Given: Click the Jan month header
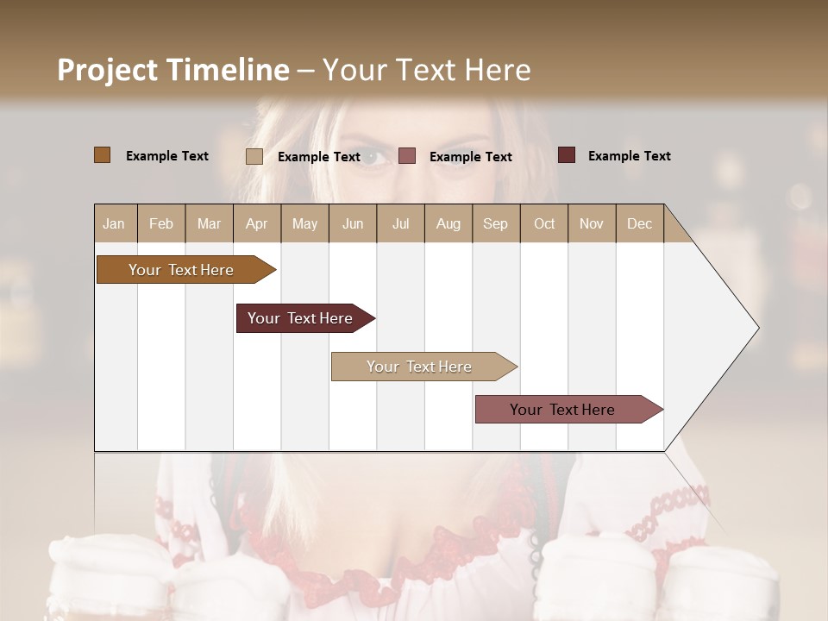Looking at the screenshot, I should tap(114, 223).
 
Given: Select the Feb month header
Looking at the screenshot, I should tap(161, 223).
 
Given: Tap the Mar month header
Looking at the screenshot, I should tap(209, 223).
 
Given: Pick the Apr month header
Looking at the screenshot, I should tap(256, 223).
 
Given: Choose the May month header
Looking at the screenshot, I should tap(304, 223).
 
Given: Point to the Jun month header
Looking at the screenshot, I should tap(353, 223).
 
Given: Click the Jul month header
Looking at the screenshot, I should tap(400, 223).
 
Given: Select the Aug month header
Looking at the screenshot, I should tap(448, 223).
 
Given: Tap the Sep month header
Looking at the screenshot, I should tap(496, 223).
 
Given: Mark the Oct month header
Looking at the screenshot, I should tap(544, 223).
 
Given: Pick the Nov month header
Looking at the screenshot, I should tap(592, 223).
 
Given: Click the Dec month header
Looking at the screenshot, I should tap(639, 223).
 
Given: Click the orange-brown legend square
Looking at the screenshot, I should tap(103, 155).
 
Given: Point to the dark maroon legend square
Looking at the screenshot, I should tap(567, 155).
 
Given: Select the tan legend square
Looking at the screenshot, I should tap(254, 156).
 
